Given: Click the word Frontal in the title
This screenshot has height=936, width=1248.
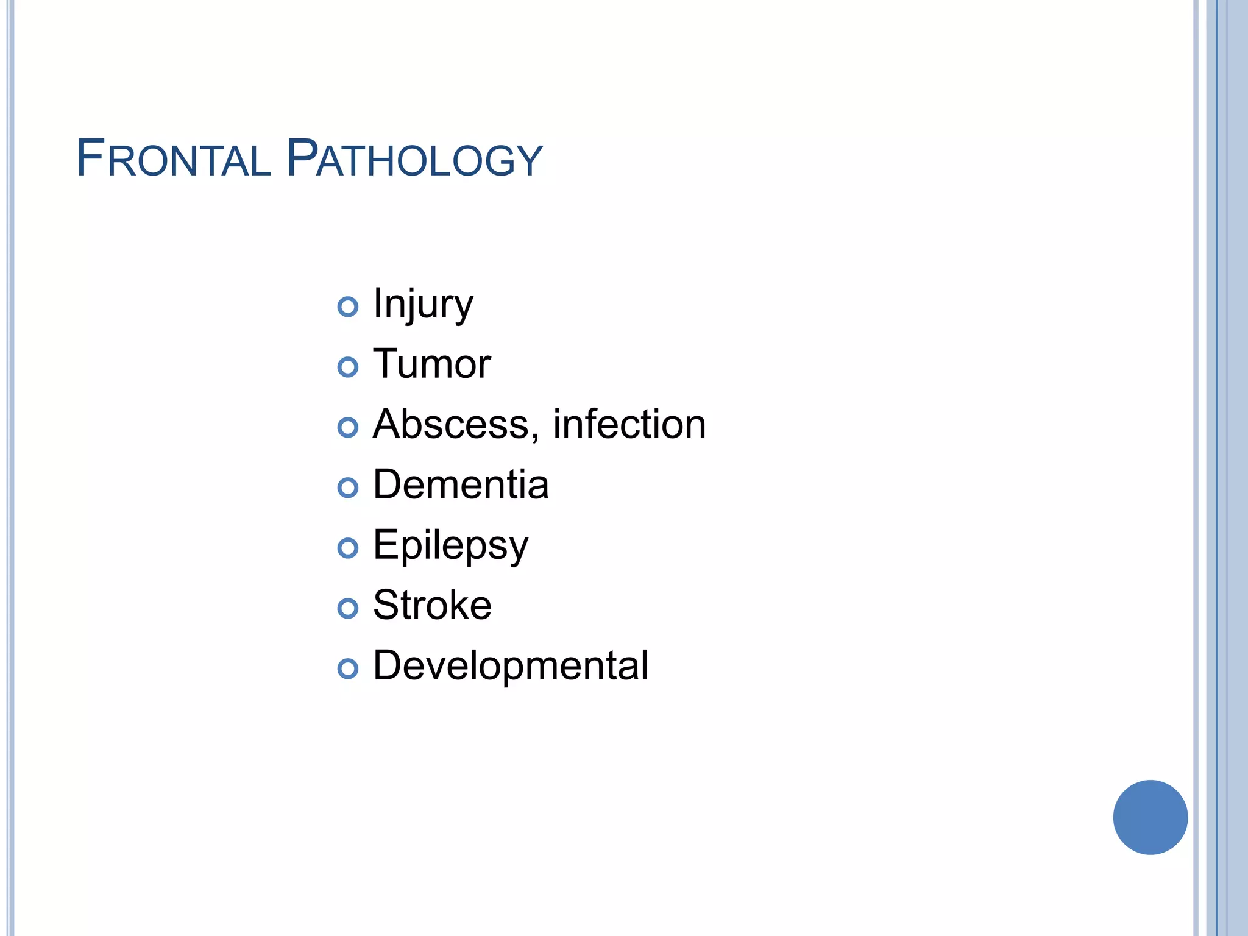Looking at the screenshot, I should click(x=173, y=160).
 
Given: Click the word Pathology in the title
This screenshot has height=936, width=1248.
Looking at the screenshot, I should click(x=414, y=160).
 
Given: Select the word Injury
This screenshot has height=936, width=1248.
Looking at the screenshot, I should click(x=423, y=303).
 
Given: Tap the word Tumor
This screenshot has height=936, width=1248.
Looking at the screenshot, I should click(x=431, y=364).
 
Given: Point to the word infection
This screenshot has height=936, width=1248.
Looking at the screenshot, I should click(x=629, y=424).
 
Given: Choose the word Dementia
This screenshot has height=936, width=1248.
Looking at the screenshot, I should click(x=461, y=485).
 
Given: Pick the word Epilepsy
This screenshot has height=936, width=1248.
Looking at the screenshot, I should click(x=450, y=545).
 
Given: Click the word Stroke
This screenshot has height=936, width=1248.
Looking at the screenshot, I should click(x=432, y=605).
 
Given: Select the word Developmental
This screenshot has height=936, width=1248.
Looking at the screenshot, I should click(x=511, y=665).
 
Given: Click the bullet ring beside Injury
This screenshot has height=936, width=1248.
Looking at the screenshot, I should click(x=348, y=307).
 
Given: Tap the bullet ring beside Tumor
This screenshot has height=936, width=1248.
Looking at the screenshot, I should click(x=348, y=367).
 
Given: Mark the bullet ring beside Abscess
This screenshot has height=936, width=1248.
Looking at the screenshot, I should click(x=348, y=427).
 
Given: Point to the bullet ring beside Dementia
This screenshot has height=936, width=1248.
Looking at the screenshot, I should click(x=348, y=487).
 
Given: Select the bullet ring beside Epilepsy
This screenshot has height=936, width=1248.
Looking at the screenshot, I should click(x=348, y=548).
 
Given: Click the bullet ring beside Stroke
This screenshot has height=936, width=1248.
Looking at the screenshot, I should click(x=348, y=608).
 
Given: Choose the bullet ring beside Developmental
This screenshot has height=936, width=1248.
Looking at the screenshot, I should click(x=348, y=668).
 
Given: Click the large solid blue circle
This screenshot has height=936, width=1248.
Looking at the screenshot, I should click(x=1150, y=817).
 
